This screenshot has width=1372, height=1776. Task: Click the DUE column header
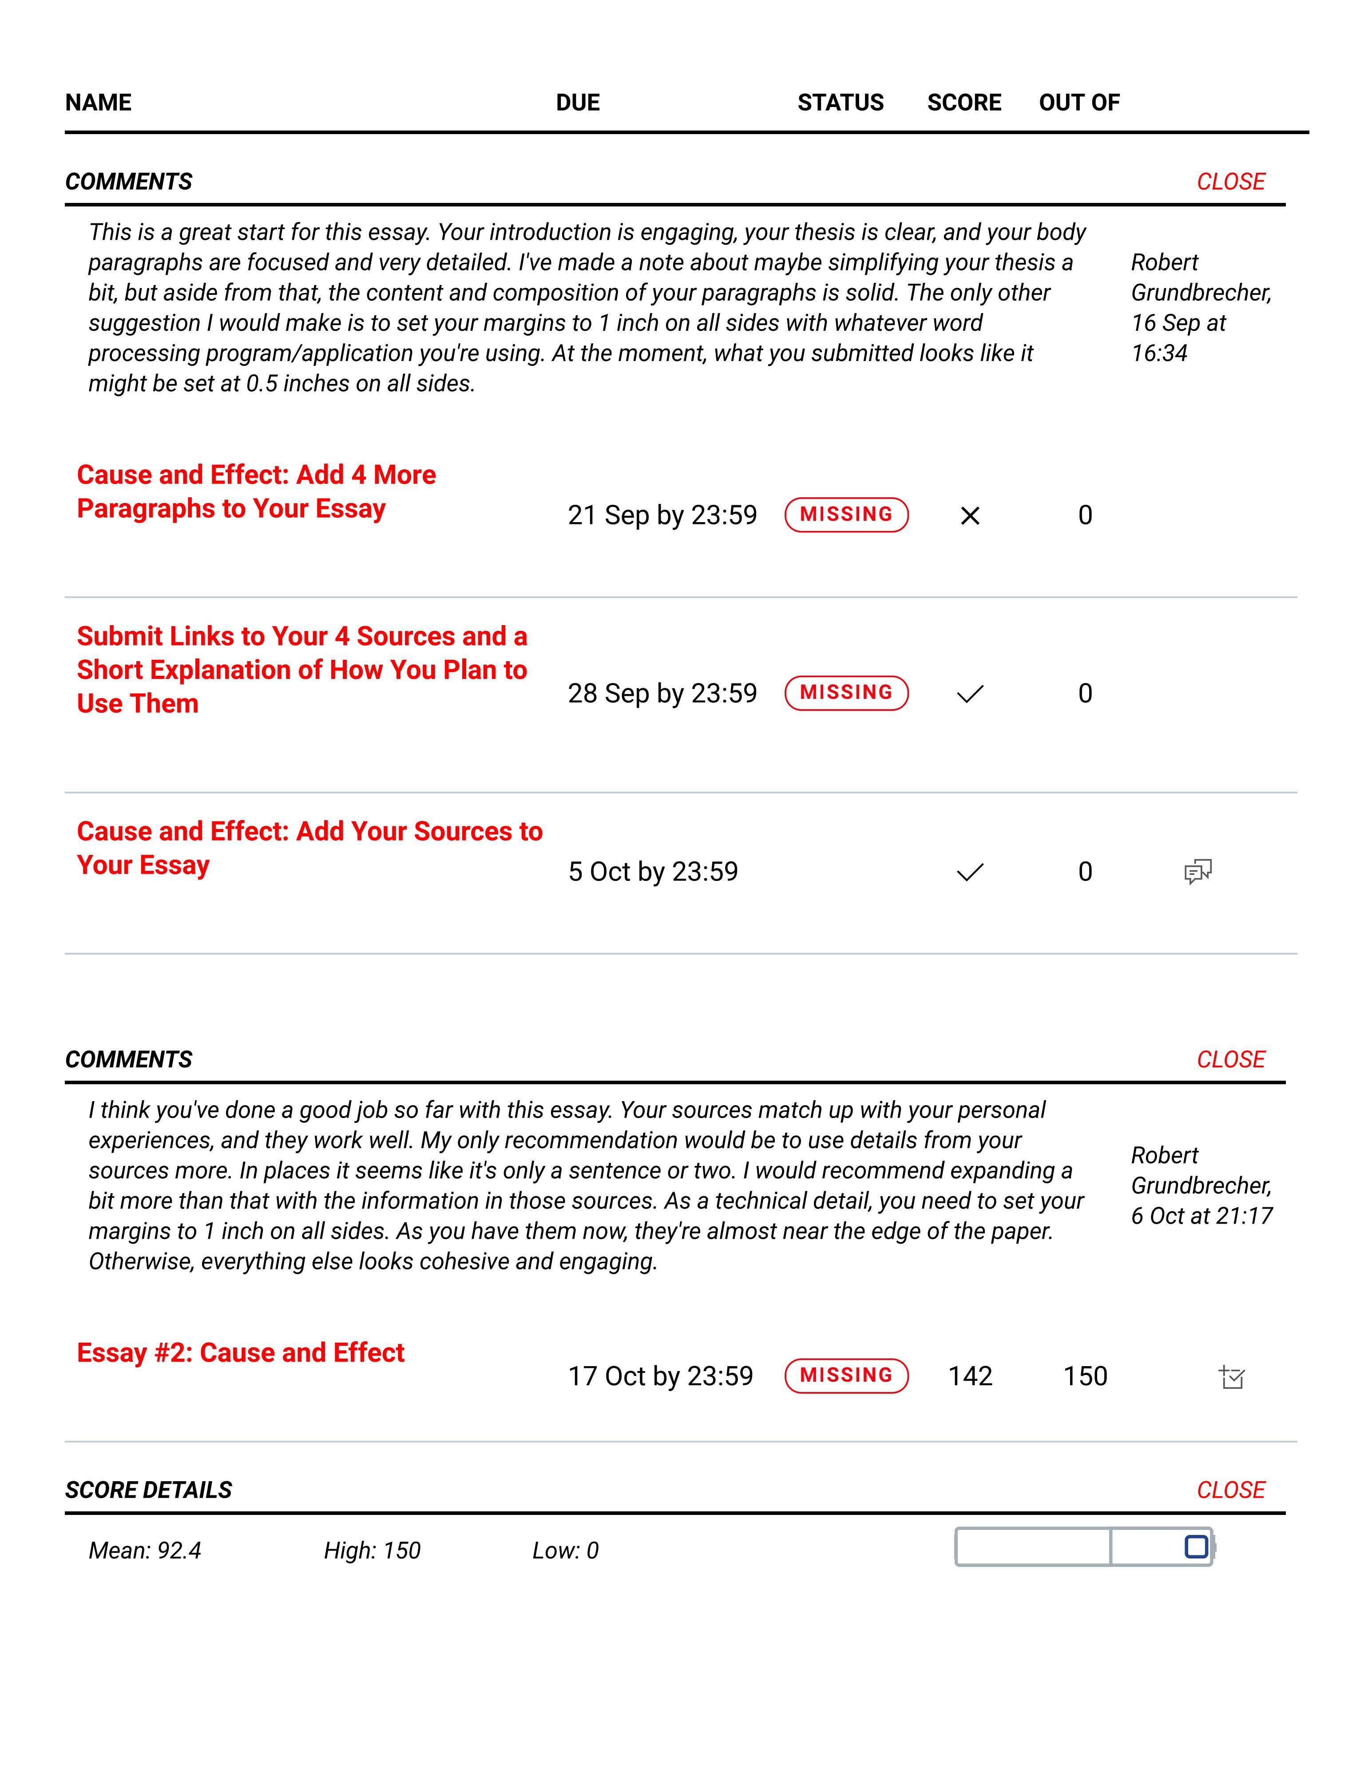coord(577,103)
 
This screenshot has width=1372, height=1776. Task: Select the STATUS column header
coord(840,103)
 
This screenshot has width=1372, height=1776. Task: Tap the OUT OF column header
coord(1079,103)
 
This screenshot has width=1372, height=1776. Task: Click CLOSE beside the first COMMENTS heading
coord(1230,181)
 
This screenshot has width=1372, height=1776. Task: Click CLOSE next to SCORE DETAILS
coord(1230,1490)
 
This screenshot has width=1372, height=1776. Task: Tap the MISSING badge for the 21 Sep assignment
coord(846,515)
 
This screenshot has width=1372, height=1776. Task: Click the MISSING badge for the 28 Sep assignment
coord(846,693)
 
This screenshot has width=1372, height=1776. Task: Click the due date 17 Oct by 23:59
coord(660,1376)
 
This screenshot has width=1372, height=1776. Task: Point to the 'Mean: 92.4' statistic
coord(145,1551)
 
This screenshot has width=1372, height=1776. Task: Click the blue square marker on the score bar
coord(1196,1547)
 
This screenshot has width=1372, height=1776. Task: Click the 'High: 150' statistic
coord(372,1551)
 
